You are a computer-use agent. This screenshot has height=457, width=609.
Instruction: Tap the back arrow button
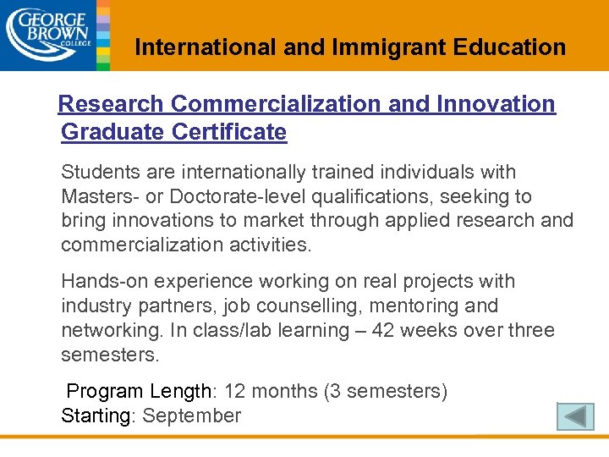pyautogui.click(x=576, y=416)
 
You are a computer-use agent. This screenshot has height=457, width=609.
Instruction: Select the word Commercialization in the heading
pyautogui.click(x=276, y=104)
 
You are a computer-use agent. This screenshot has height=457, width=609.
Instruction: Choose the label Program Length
pyautogui.click(x=140, y=392)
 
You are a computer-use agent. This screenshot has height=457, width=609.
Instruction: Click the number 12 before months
pyautogui.click(x=236, y=392)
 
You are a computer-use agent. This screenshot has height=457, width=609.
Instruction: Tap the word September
pyautogui.click(x=192, y=416)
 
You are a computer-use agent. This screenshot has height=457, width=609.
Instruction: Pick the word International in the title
pyautogui.click(x=206, y=47)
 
